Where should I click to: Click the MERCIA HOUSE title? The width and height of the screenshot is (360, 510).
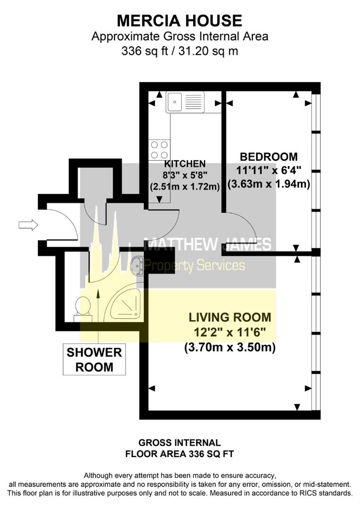click(179, 20)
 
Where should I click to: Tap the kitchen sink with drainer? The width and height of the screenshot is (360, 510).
click(185, 102)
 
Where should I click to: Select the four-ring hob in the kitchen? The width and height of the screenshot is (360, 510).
click(159, 150)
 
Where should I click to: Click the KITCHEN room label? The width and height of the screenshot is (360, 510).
click(184, 164)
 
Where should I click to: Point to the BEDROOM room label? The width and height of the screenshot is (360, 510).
click(268, 157)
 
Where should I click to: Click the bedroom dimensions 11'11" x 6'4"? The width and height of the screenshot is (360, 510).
click(268, 170)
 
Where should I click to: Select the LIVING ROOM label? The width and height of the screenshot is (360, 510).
click(230, 317)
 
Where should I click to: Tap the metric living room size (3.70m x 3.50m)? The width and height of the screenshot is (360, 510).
click(230, 348)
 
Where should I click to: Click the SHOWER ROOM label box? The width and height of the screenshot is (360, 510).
click(94, 359)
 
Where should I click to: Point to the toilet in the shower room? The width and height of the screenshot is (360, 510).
click(82, 306)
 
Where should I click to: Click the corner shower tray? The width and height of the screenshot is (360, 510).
click(123, 303)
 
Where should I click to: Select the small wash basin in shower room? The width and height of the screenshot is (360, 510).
click(136, 265)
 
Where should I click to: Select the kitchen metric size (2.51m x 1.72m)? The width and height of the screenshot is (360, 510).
click(184, 186)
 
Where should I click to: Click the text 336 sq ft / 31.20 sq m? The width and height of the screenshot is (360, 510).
click(179, 51)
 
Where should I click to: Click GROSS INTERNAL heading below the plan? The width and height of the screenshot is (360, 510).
click(179, 442)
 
